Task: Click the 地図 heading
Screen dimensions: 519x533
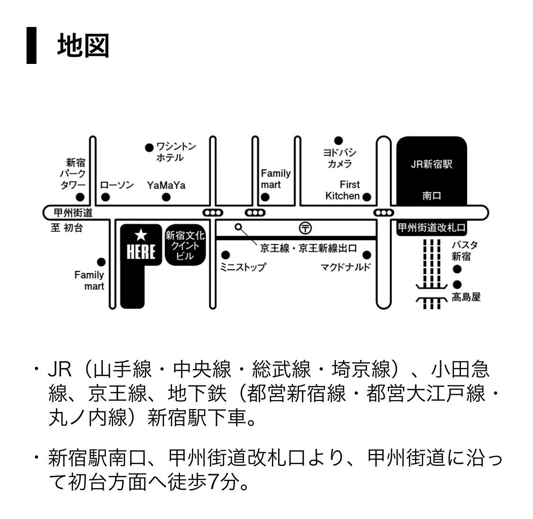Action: pos(83,46)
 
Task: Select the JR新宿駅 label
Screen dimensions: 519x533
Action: pos(431,165)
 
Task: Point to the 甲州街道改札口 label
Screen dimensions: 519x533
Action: pos(431,228)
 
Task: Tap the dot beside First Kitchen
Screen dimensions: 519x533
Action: pos(366,197)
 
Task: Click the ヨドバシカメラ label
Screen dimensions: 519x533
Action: pos(340,159)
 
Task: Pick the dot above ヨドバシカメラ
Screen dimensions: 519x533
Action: pos(338,141)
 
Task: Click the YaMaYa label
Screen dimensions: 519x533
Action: pos(166,185)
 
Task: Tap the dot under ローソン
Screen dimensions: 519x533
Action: pos(106,197)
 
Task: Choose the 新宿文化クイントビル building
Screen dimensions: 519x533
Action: pos(185,245)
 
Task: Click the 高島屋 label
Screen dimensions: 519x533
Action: pos(466,297)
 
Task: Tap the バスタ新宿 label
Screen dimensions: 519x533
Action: pos(464,251)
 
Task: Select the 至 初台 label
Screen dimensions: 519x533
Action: pos(67,228)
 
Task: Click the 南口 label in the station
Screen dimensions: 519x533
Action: pos(431,196)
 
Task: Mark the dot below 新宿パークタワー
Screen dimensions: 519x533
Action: pos(81,197)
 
